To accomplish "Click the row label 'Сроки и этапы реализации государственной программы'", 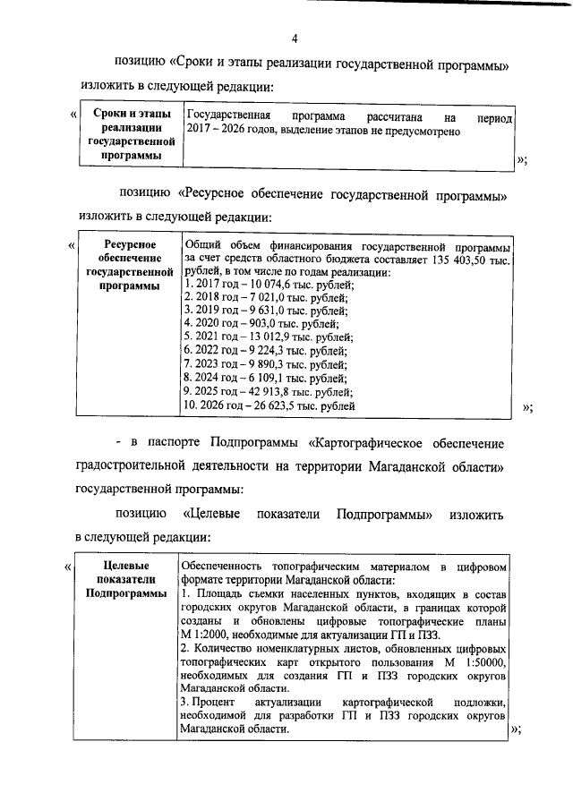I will point(131,135).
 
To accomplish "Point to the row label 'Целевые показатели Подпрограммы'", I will point(126,579).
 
